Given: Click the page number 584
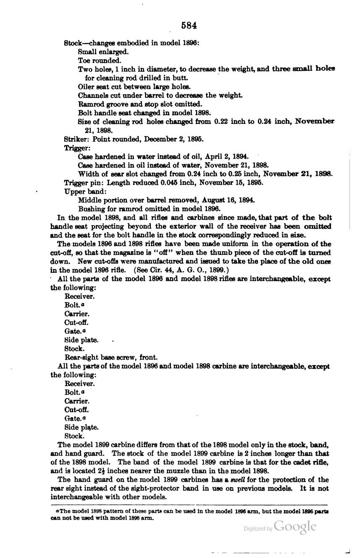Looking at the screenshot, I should coord(189,26).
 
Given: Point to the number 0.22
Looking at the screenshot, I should coord(222,121).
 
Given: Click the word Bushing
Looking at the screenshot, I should coord(90,208).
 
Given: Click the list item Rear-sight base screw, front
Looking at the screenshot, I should coord(111,358).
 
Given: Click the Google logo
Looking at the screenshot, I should coord(294,527).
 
